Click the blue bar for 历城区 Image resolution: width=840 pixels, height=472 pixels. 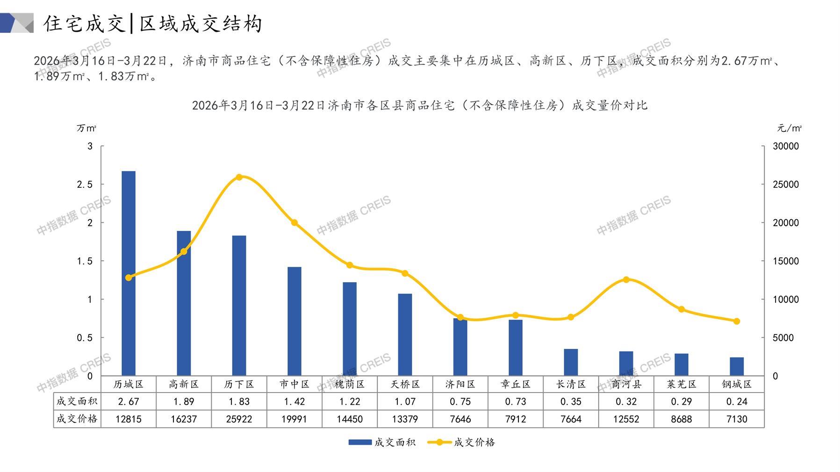click(x=129, y=273)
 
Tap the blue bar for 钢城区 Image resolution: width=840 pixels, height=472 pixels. click(x=737, y=366)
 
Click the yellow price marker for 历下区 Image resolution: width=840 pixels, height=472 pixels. click(x=239, y=177)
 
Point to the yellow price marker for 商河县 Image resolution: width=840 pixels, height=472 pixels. click(x=626, y=279)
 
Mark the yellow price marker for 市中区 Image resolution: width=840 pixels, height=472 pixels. click(x=294, y=223)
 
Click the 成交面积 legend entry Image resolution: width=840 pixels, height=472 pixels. click(x=382, y=442)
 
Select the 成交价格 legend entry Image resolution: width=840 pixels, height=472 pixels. click(x=461, y=442)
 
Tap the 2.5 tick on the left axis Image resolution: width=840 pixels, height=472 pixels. click(x=85, y=185)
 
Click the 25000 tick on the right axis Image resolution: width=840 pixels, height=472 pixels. click(x=786, y=185)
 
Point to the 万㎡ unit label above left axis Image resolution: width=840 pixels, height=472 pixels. click(x=86, y=128)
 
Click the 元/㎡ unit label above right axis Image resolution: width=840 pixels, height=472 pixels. click(x=790, y=128)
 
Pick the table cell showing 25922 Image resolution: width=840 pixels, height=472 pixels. click(x=239, y=419)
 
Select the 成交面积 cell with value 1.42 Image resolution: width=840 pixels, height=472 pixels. click(x=294, y=401)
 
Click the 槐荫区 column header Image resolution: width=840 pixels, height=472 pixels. click(x=350, y=384)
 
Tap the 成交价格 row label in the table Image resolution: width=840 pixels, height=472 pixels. click(x=77, y=419)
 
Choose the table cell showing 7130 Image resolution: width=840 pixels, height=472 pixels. click(x=737, y=419)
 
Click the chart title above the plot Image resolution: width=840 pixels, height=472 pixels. click(x=420, y=105)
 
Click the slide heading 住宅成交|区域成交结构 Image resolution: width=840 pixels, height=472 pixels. click(x=153, y=24)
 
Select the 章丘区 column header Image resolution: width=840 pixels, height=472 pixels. click(x=516, y=384)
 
